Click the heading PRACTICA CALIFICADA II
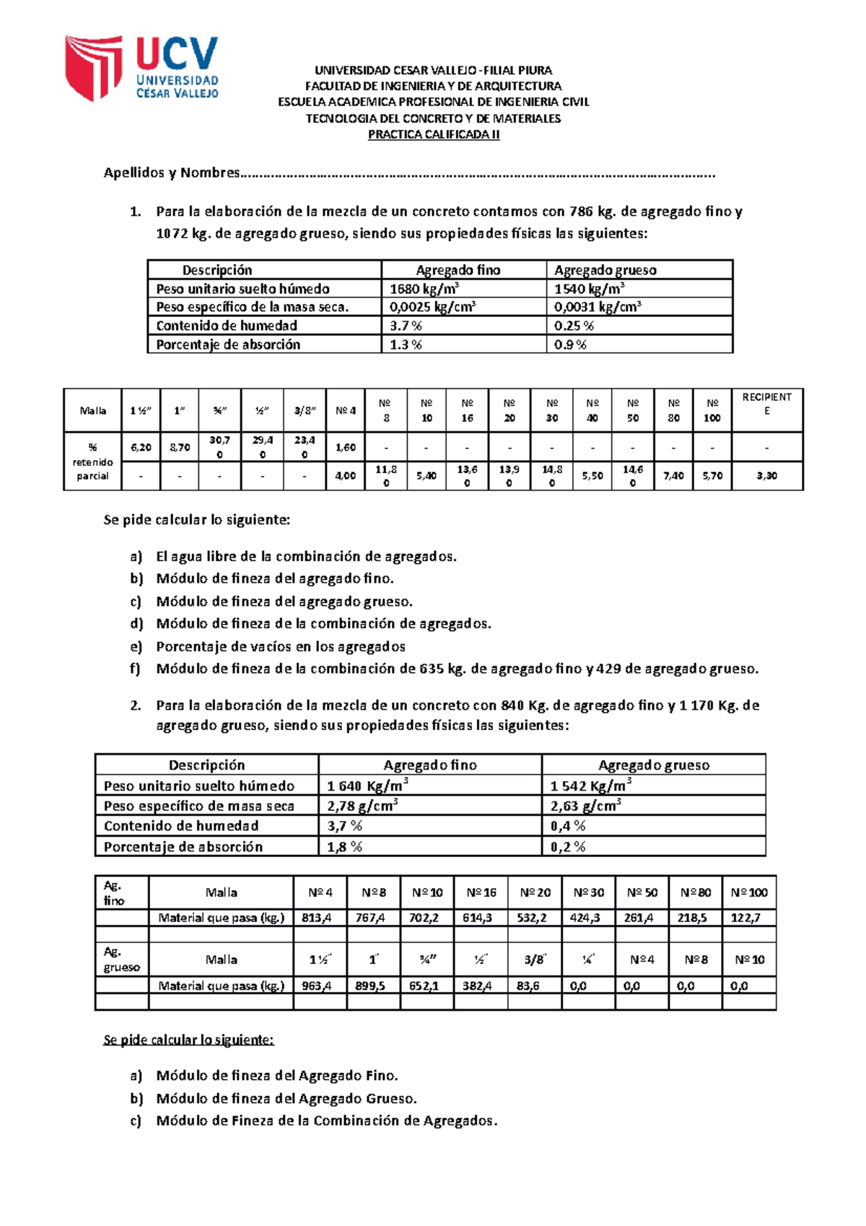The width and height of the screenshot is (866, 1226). pos(433,134)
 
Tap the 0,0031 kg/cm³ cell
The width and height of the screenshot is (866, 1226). pos(598,307)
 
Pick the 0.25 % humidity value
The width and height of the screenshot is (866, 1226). pos(574,326)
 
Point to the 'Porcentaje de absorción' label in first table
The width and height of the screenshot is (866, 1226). pos(228,344)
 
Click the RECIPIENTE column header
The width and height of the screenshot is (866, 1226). pos(766,404)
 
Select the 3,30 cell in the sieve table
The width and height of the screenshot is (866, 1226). pos(766,476)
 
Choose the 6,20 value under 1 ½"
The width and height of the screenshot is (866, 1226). pos(141,448)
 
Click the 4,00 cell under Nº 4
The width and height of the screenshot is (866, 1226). pos(346,476)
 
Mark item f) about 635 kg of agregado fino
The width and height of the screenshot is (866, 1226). pos(457,669)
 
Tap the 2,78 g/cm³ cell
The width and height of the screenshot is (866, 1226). pos(362,806)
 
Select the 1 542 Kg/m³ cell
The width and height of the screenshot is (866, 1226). pos(590,786)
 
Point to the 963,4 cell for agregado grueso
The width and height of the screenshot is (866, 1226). pos(318,986)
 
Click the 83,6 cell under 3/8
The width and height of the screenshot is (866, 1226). pos(528,986)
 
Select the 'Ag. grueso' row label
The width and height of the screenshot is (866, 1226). pos(121,960)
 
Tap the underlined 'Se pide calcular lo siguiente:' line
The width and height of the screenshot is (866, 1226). pos(188,1040)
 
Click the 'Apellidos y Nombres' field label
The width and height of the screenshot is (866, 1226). pos(172,173)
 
